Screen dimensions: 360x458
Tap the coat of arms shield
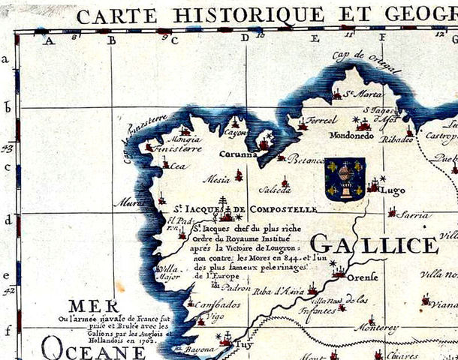(345, 178)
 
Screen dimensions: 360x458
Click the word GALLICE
(373, 244)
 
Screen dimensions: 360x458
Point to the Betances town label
(307, 159)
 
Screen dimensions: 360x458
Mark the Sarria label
(415, 214)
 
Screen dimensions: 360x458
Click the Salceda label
(275, 190)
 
